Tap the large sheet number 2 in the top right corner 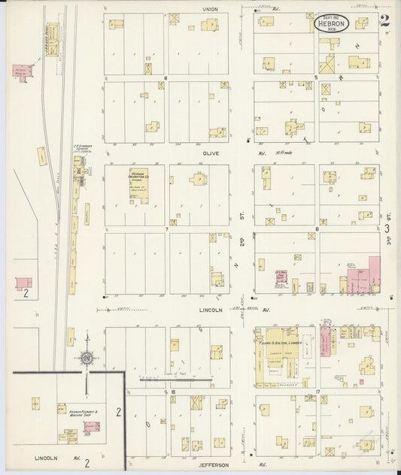(x=384, y=20)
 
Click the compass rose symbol (x=87, y=358)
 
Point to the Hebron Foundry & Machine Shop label (x=71, y=413)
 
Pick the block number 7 (x=166, y=227)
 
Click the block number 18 (x=172, y=392)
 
